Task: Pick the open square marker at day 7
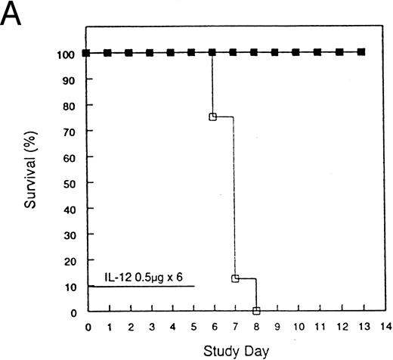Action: [x=235, y=278]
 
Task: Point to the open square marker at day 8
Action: [x=256, y=310]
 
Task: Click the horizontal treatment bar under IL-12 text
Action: [x=141, y=287]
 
